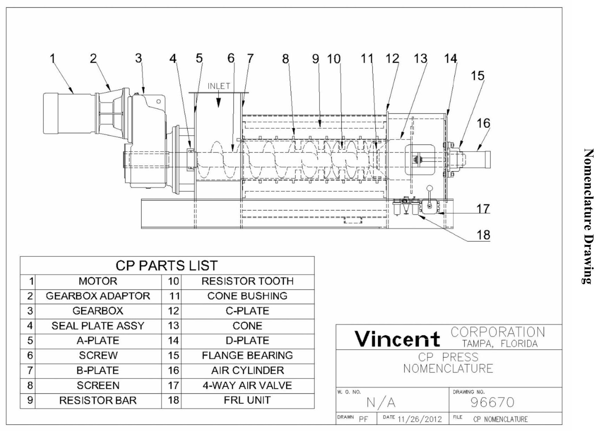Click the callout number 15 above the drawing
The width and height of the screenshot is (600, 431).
pos(478,76)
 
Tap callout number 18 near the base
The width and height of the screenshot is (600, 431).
pos(483,235)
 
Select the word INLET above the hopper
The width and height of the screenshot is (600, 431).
pos(219,86)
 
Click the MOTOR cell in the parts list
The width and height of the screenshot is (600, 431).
pos(98,281)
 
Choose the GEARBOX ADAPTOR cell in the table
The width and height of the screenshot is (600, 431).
pos(98,296)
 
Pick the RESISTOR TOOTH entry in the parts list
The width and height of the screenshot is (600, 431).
pos(247,281)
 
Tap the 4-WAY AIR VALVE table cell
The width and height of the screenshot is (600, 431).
pos(247,385)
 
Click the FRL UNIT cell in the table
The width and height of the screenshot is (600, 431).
pos(247,400)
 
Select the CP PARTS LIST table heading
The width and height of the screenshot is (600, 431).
pos(167,266)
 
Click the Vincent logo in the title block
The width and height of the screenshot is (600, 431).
pos(397,338)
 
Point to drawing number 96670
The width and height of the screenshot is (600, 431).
pos(492,402)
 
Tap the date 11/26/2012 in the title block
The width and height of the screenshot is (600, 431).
pos(420,419)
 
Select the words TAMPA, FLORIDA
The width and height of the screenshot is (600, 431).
pos(500,344)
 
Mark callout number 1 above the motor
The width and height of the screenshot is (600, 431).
pos(52,58)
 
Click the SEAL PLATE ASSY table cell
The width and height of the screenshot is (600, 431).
pos(98,326)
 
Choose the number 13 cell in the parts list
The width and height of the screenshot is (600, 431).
pos(173,326)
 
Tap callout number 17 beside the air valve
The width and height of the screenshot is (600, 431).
pos(483,209)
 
